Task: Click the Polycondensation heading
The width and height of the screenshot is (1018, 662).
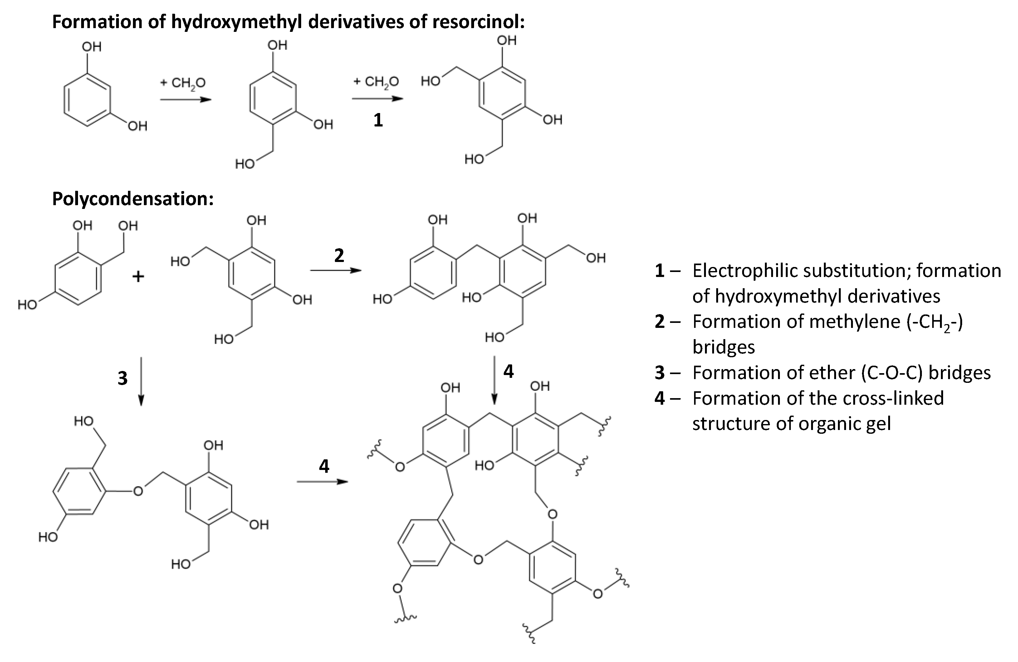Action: point(133,199)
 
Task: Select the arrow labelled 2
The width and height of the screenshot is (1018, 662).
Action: point(335,270)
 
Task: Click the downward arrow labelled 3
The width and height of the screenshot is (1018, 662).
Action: point(141,381)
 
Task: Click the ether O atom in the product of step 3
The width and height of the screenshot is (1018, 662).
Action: point(138,491)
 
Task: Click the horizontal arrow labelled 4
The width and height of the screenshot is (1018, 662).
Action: point(322,482)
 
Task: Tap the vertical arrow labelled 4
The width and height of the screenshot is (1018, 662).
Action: point(494,380)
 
